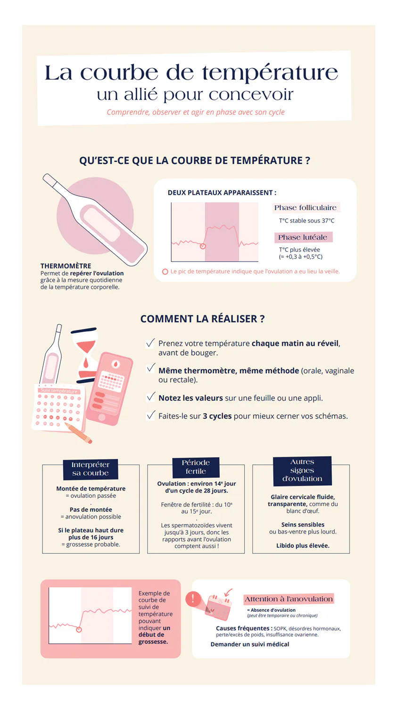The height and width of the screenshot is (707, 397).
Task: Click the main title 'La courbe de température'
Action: pos(191,73)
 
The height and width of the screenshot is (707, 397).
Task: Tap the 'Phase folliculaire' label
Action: pos(305,207)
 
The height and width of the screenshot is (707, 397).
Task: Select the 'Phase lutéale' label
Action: pos(303,237)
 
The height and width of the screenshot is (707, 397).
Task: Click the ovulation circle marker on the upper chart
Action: pos(203,246)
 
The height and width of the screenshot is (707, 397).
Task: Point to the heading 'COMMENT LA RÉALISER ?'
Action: pos(202,319)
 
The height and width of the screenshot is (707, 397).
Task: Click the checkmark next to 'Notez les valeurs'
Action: pos(151,397)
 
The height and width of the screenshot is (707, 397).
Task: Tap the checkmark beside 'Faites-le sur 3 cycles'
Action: pos(151,415)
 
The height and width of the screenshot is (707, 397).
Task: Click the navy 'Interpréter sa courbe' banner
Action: pos(90,469)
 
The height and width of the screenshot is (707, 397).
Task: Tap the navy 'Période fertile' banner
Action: pos(196,467)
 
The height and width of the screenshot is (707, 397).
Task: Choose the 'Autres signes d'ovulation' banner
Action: pos(302,470)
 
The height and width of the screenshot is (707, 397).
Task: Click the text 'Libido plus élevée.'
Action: pos(303,545)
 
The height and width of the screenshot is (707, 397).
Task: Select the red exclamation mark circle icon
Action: pos(192,599)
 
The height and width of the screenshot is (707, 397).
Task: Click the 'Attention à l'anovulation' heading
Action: pos(289,599)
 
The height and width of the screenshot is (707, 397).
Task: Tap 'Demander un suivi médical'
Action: pos(250,644)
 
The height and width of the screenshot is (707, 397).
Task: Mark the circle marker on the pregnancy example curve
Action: pos(79,630)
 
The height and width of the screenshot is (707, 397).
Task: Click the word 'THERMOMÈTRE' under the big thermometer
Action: pos(66,266)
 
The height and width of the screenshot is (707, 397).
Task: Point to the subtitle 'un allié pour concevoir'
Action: pos(195,95)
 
